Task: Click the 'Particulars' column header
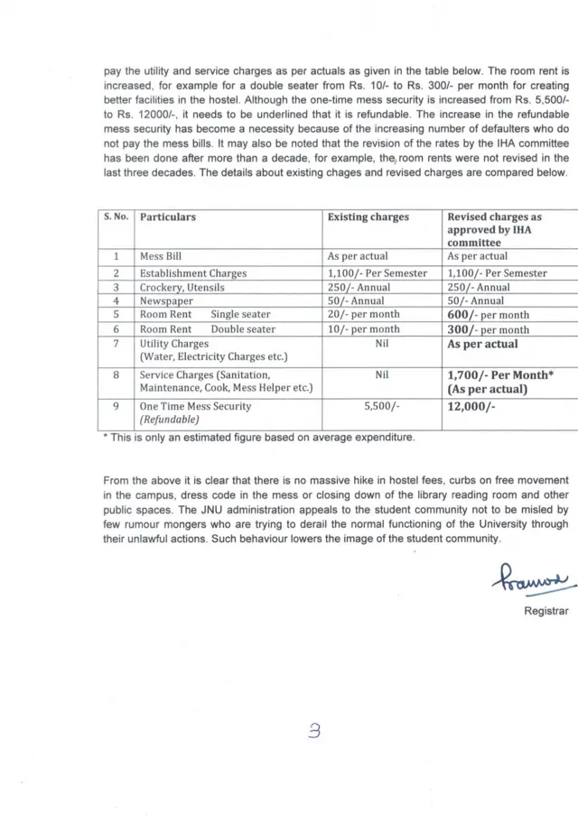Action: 168,217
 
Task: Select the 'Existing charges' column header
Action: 368,217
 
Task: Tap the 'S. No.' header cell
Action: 116,217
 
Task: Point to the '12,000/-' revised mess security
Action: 471,407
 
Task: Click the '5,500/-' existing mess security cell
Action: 381,407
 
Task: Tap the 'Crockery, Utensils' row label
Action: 182,287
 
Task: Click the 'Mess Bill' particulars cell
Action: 161,257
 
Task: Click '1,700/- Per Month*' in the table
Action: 500,375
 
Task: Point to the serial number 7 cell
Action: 116,345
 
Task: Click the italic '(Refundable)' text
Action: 169,420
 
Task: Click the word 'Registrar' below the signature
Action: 546,611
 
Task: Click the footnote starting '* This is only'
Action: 260,438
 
